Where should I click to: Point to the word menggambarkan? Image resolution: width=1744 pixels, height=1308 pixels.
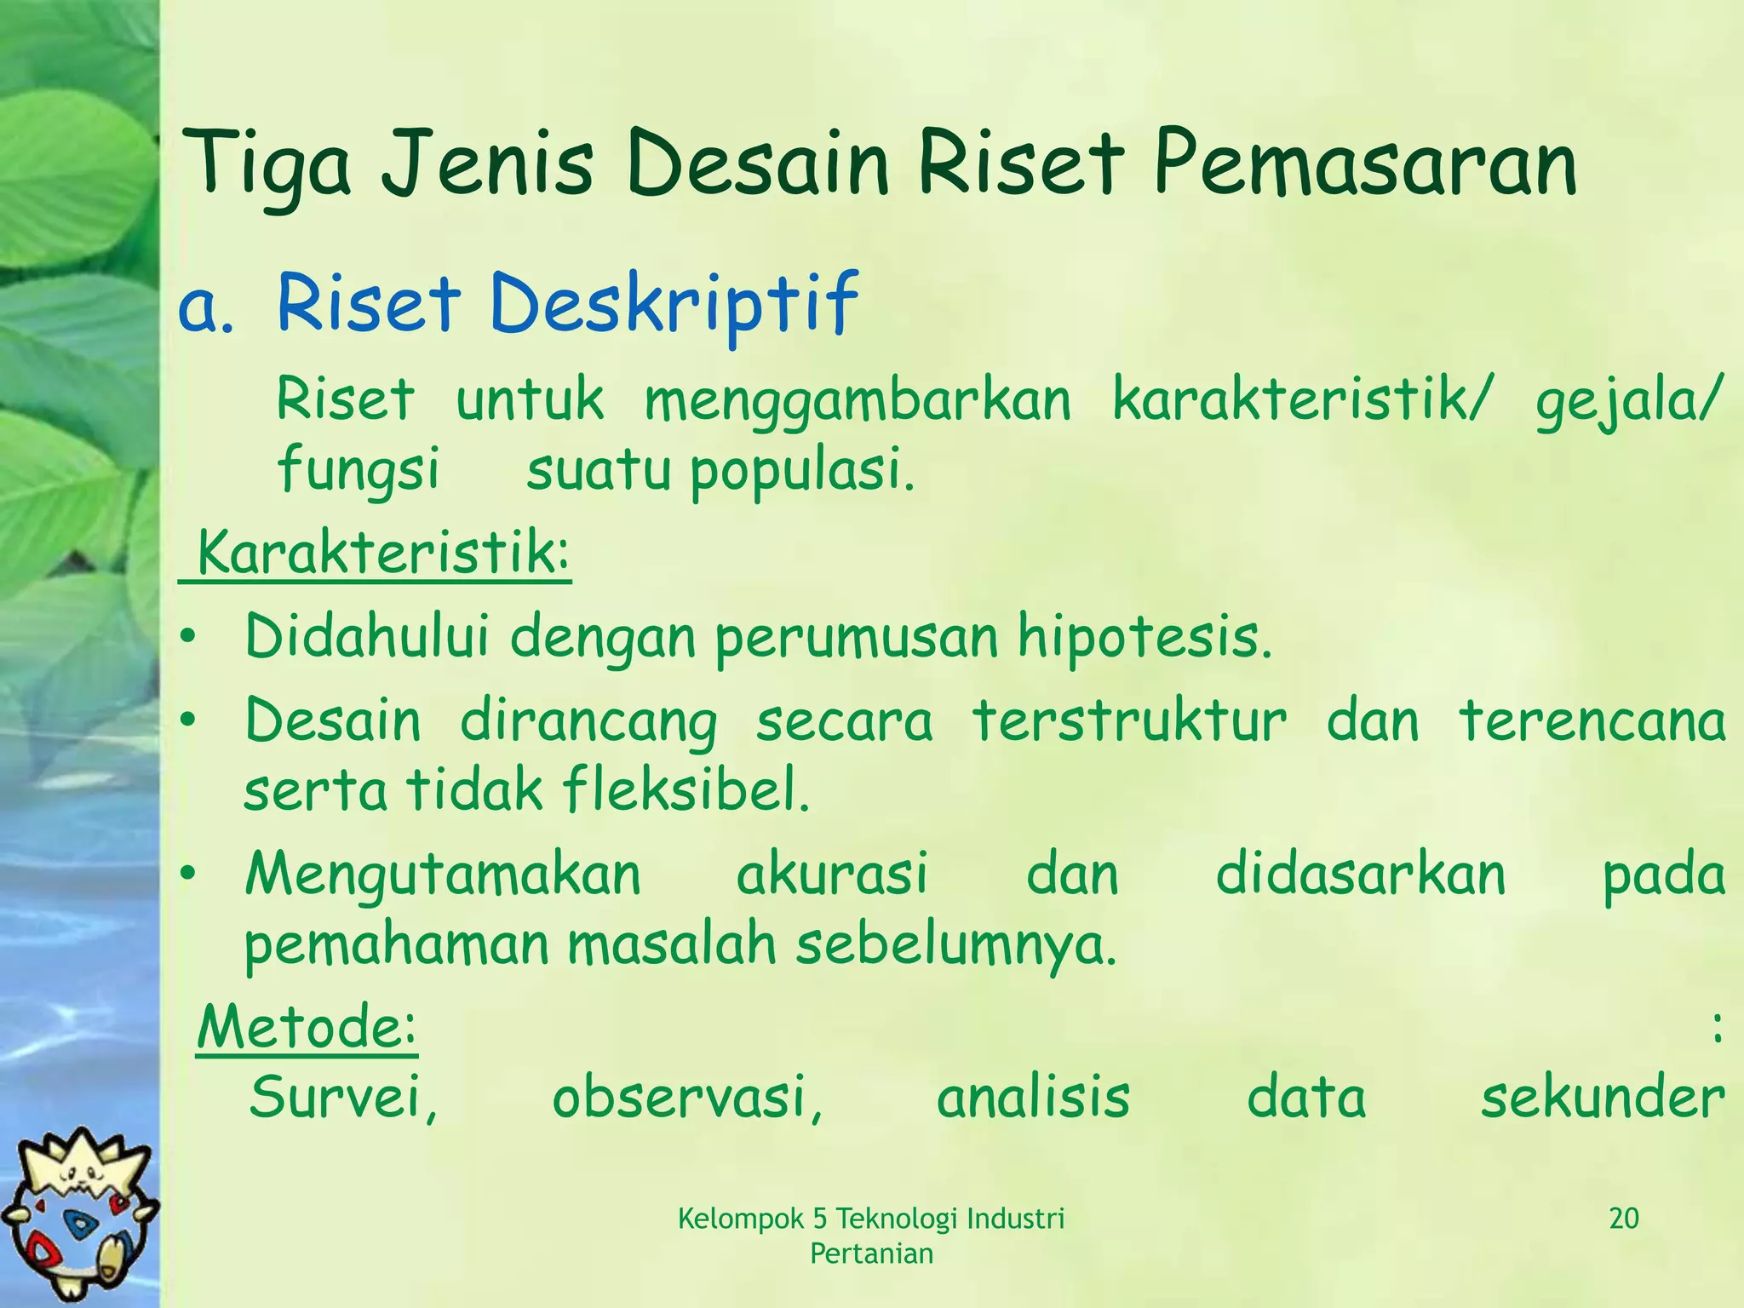(x=857, y=400)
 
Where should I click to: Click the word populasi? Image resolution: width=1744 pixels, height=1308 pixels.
(x=800, y=471)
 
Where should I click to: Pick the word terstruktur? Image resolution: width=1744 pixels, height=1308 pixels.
(x=1128, y=720)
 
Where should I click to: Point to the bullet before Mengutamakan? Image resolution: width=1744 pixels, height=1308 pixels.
(x=188, y=874)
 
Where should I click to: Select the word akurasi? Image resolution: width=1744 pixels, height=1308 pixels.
(x=831, y=875)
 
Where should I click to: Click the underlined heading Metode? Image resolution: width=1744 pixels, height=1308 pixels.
(x=307, y=1028)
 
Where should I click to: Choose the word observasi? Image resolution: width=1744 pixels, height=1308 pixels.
(x=686, y=1098)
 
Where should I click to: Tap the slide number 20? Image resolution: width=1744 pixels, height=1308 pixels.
(x=1624, y=1219)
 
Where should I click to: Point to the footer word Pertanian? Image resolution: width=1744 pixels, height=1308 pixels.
(x=871, y=1253)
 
